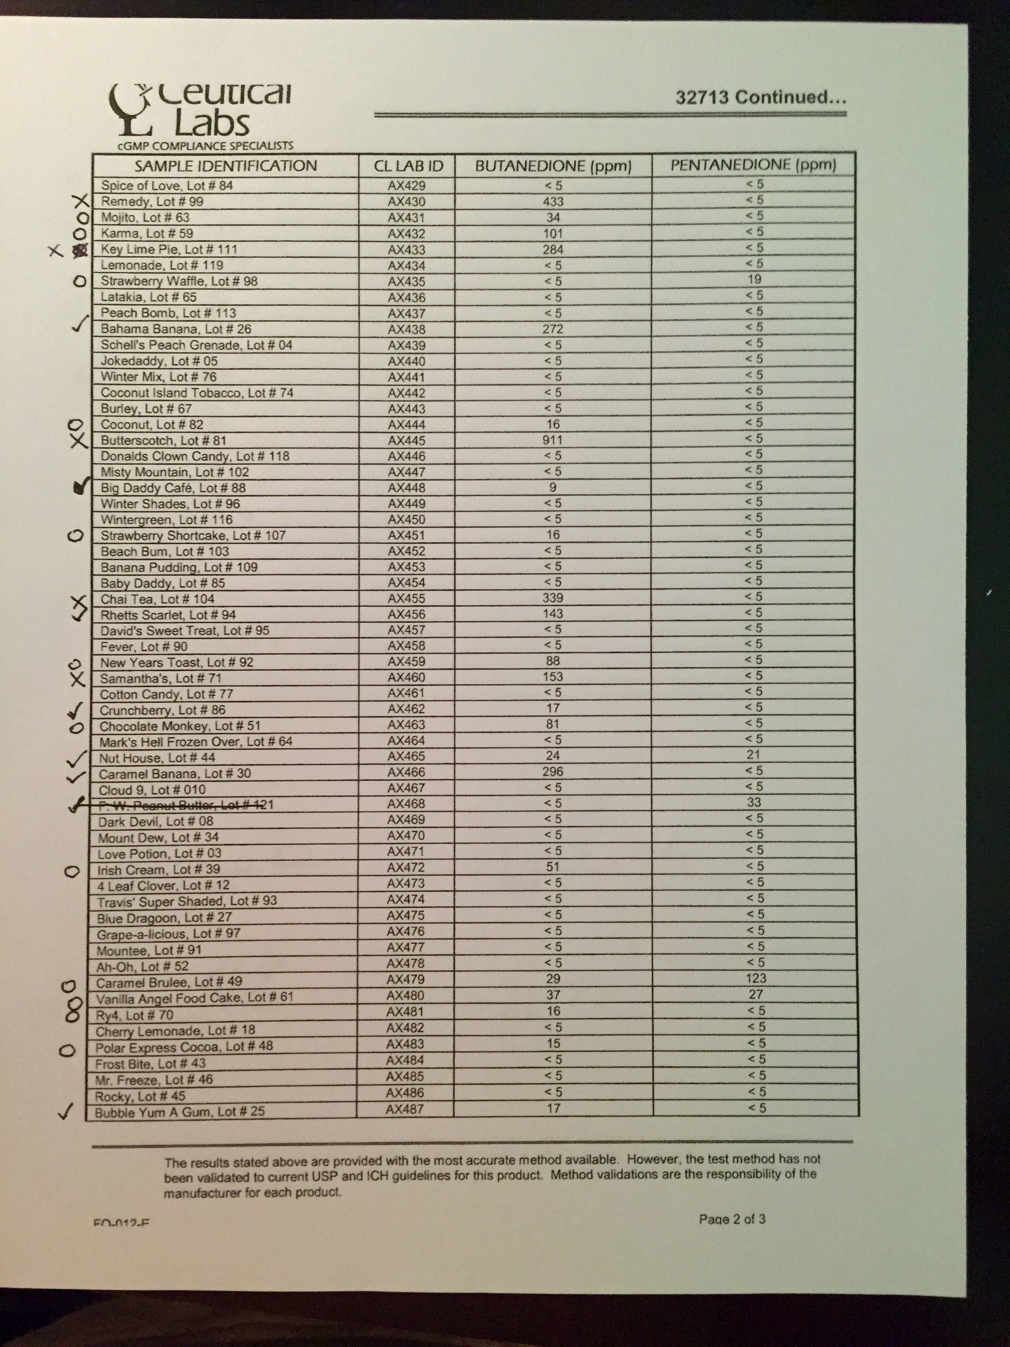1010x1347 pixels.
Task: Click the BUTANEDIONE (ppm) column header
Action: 553,165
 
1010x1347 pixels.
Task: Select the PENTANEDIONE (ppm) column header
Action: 753,164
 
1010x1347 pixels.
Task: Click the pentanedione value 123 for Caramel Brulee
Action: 755,978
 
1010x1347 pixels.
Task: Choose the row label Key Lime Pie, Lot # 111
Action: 169,249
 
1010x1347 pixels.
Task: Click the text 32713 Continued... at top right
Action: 760,97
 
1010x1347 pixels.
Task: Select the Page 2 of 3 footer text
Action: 732,1219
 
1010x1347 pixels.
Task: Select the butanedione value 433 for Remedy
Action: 553,201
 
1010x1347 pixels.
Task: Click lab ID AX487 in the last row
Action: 405,1109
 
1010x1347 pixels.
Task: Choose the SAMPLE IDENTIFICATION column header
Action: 225,165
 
